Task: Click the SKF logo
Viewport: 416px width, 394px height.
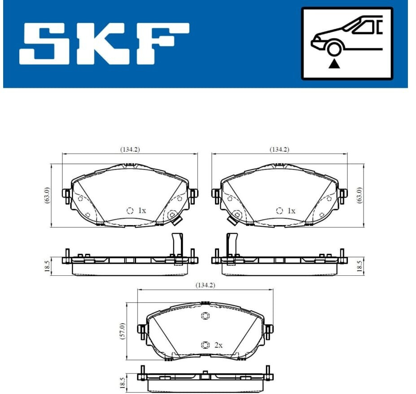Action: (x=104, y=44)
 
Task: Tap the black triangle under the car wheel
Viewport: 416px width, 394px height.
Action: (x=334, y=64)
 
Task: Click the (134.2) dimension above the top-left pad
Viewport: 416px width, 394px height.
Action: (x=130, y=150)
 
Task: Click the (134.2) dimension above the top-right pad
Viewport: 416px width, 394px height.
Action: (x=279, y=150)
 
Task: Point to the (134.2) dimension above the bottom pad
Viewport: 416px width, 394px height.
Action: (x=205, y=285)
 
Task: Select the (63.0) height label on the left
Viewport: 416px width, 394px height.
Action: (x=47, y=195)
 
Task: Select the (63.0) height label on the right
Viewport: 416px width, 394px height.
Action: (x=359, y=195)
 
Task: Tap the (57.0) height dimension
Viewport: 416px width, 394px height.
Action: (x=122, y=331)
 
